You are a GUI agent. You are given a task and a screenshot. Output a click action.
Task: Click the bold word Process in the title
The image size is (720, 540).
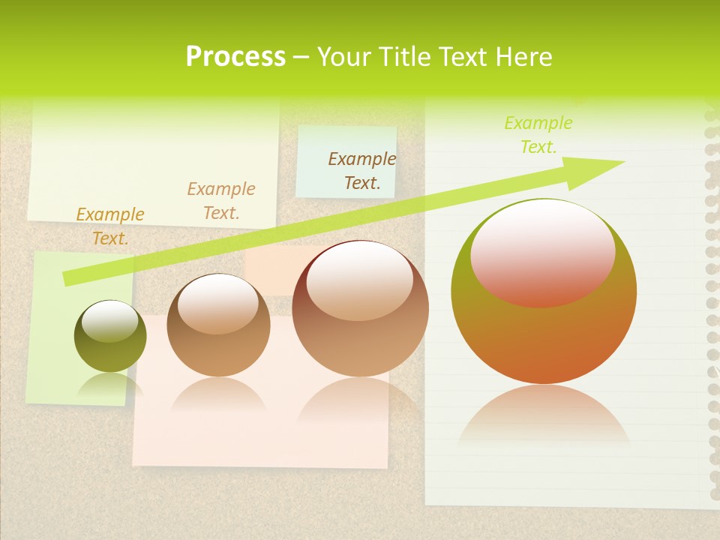pyautogui.click(x=235, y=56)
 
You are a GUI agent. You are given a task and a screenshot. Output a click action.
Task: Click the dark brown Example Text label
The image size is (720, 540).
pyautogui.click(x=362, y=170)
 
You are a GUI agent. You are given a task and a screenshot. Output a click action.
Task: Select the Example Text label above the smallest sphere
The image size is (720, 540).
pyautogui.click(x=110, y=226)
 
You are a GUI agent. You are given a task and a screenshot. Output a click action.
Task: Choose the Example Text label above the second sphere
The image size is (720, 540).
pyautogui.click(x=221, y=201)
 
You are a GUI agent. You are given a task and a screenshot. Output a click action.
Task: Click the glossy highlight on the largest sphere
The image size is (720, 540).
pyautogui.click(x=543, y=253)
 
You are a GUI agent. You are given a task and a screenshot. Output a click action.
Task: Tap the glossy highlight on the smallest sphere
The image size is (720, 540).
pyautogui.click(x=110, y=321)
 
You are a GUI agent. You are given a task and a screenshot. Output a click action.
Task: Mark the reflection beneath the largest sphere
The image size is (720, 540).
pyautogui.click(x=544, y=420)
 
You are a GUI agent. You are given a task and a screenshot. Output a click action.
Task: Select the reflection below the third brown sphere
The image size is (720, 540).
pyautogui.click(x=360, y=401)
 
